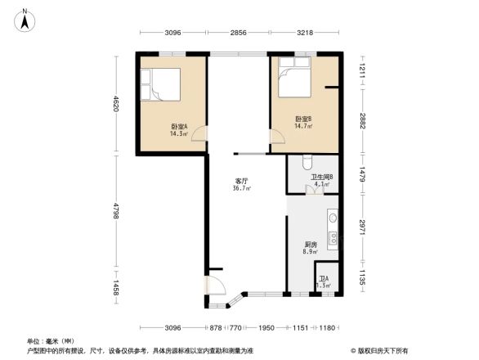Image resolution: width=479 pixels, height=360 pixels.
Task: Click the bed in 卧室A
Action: (162, 83)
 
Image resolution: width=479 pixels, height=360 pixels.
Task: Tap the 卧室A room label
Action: (179, 126)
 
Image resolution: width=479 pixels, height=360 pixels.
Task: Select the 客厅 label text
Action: (242, 180)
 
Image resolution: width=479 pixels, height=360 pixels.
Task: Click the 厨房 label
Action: (311, 244)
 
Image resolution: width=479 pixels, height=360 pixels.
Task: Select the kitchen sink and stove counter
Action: (333, 231)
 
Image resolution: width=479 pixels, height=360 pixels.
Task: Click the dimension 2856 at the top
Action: (237, 33)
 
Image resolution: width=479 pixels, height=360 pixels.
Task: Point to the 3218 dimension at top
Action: (304, 33)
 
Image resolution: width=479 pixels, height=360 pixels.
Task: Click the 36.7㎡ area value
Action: (242, 188)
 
